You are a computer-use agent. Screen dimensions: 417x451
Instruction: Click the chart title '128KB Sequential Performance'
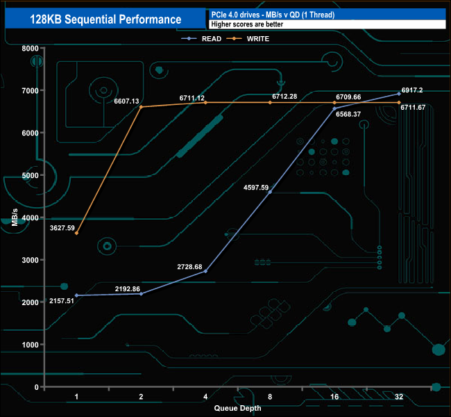click(x=105, y=19)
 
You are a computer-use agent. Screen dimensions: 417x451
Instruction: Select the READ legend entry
click(x=207, y=39)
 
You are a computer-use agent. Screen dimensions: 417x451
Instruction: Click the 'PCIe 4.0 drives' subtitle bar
click(x=326, y=14)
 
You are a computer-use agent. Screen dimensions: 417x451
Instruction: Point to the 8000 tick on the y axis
click(x=29, y=48)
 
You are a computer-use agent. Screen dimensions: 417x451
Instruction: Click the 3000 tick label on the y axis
click(x=29, y=260)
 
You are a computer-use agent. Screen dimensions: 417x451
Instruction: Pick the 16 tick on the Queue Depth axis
click(x=334, y=398)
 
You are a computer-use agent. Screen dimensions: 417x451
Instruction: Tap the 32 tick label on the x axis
click(x=399, y=398)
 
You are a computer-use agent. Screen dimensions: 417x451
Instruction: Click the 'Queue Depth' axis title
click(x=237, y=408)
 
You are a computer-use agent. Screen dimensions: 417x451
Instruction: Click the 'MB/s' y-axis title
click(x=15, y=218)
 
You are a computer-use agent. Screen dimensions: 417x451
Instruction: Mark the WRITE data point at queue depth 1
click(x=76, y=234)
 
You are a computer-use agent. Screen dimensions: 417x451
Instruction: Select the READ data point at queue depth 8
click(x=270, y=192)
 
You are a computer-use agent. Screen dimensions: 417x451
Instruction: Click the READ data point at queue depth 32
click(x=399, y=94)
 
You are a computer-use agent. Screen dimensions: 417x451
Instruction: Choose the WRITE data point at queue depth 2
click(x=141, y=107)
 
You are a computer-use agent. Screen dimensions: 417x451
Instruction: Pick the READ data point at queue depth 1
click(x=76, y=295)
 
